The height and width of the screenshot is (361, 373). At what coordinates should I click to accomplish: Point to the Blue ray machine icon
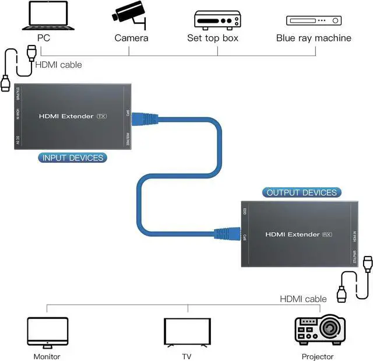click(x=313, y=21)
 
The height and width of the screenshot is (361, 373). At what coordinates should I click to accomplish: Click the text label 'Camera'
click(x=131, y=38)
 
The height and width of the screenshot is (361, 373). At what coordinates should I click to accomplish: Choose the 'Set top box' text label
click(x=213, y=38)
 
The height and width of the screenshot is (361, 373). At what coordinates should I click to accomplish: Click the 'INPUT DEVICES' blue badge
click(x=72, y=157)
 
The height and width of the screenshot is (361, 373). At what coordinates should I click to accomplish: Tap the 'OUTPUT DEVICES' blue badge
click(x=301, y=192)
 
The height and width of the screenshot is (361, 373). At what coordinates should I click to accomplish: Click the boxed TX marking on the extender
click(x=102, y=116)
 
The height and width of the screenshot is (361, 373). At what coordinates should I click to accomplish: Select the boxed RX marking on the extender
click(x=328, y=234)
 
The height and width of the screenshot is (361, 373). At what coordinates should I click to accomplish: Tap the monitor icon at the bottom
click(x=47, y=332)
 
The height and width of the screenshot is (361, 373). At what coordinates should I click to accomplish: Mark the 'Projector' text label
click(x=318, y=356)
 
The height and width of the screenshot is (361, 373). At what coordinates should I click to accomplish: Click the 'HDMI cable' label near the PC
click(x=59, y=65)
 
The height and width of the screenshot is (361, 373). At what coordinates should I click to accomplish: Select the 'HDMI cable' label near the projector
click(x=303, y=299)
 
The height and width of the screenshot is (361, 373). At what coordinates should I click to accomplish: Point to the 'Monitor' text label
click(x=47, y=356)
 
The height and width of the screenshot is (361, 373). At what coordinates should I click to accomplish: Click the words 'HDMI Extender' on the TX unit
click(x=66, y=116)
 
